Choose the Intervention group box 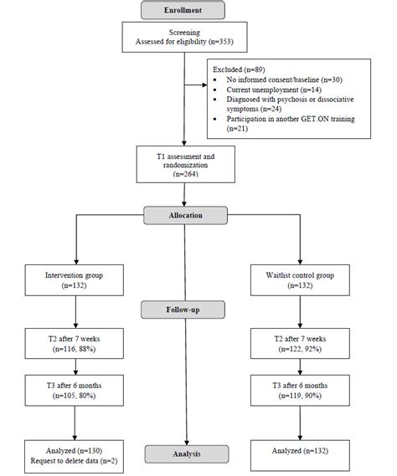77,278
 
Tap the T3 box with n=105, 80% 77,391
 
